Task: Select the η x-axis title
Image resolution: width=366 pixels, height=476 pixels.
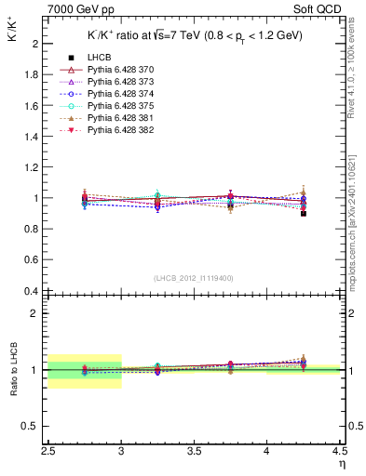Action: (341, 464)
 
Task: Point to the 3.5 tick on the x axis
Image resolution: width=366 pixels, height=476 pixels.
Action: (194, 451)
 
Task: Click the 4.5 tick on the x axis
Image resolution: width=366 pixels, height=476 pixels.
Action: (339, 451)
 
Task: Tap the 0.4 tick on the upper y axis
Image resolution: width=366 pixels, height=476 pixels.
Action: (32, 291)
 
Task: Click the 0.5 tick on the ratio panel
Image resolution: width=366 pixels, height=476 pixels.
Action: (32, 426)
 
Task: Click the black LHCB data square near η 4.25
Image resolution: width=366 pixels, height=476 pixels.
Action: (303, 213)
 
